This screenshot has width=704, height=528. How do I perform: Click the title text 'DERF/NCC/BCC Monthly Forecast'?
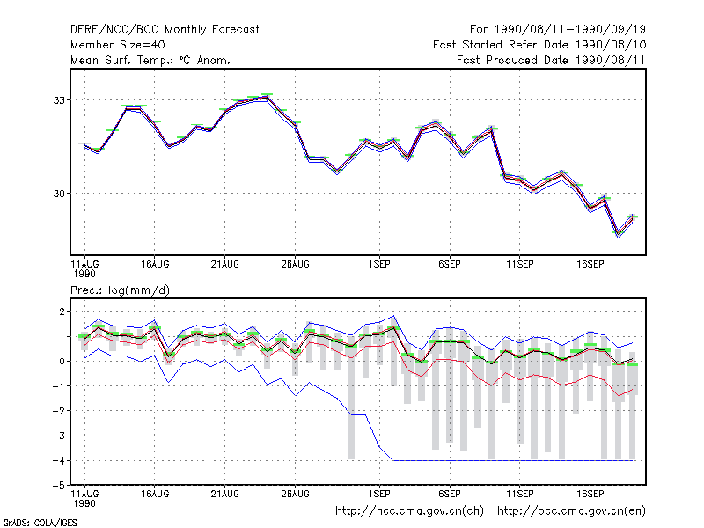(x=165, y=30)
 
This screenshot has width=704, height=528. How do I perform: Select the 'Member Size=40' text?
(x=118, y=45)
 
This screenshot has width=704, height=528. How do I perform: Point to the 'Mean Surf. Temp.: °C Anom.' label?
(x=150, y=60)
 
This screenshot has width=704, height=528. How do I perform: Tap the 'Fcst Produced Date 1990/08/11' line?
(x=551, y=60)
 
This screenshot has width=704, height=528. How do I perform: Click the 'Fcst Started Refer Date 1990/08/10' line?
(x=539, y=45)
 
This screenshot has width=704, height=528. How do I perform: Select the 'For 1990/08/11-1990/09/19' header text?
(x=558, y=30)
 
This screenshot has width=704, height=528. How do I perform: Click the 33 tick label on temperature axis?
(x=59, y=100)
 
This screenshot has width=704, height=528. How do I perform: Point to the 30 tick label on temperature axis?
(x=59, y=194)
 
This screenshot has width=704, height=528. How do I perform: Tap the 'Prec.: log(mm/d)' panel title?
(x=120, y=290)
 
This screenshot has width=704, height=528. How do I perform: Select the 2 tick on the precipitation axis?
(x=62, y=312)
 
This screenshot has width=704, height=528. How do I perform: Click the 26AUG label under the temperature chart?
(x=296, y=264)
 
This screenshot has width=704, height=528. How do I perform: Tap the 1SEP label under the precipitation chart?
(x=379, y=494)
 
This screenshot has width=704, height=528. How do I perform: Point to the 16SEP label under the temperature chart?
(x=590, y=264)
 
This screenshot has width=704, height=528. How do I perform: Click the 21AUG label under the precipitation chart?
(x=225, y=494)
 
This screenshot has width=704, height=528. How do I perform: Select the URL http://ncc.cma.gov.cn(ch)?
(x=409, y=511)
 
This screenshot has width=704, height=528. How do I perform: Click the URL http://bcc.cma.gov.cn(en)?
(x=571, y=511)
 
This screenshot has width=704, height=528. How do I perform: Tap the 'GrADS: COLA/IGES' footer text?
(x=40, y=523)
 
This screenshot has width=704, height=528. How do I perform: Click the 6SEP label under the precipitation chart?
(x=450, y=494)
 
